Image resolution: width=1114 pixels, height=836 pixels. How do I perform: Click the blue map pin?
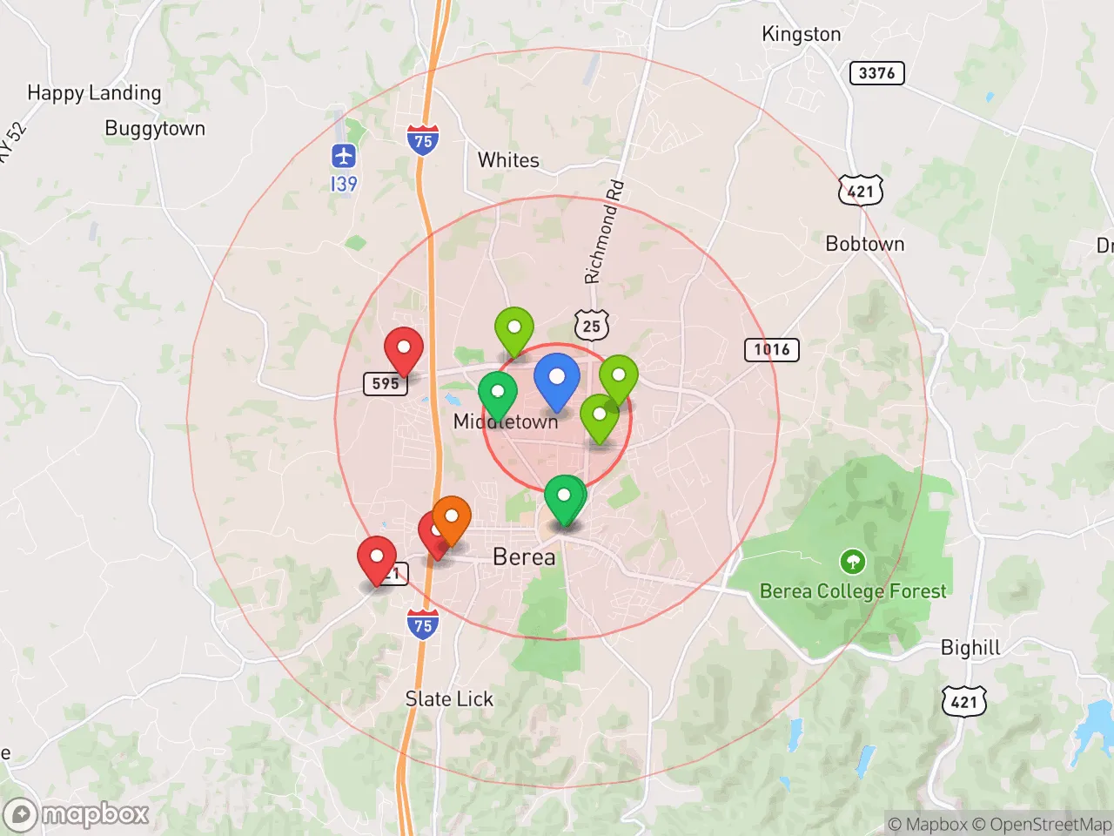click(x=556, y=379)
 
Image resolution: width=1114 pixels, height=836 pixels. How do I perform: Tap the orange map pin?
click(x=452, y=519)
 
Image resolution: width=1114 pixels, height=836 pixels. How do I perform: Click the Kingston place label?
click(x=801, y=34)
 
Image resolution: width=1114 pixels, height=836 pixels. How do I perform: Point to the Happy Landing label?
click(x=94, y=92)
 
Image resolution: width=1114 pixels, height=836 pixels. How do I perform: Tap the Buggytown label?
click(x=155, y=129)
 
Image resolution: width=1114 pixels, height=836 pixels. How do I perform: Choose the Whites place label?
click(x=508, y=160)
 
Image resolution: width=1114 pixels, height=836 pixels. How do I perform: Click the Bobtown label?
click(x=864, y=244)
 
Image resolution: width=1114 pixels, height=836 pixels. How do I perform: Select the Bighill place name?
click(x=970, y=648)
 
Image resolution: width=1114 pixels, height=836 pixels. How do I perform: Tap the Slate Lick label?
click(x=449, y=699)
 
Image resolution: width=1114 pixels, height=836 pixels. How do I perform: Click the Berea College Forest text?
click(x=853, y=591)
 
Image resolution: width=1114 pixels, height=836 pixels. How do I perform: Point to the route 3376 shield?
click(x=876, y=73)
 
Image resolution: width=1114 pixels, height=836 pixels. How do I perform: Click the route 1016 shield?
click(x=771, y=350)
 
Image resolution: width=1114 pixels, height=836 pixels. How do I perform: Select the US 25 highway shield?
click(x=592, y=326)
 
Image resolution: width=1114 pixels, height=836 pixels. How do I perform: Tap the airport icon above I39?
click(x=344, y=157)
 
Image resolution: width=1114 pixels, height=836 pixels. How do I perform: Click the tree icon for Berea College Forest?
click(x=853, y=561)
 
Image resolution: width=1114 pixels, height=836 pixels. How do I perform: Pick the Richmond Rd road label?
click(x=604, y=233)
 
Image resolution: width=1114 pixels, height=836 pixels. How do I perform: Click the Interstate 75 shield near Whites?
click(x=423, y=140)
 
